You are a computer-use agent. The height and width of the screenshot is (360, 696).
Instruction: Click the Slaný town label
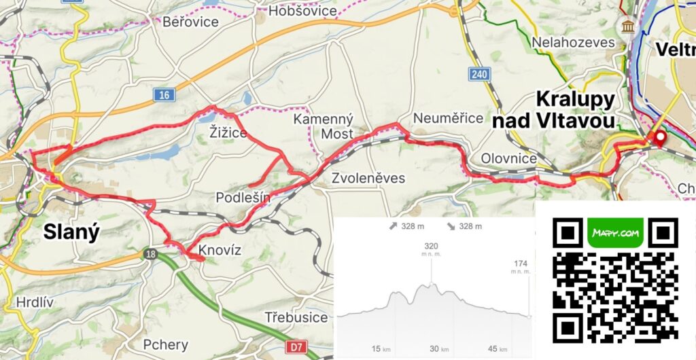[x=71, y=232]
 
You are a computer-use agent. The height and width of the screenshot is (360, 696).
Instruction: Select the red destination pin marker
[x=658, y=139]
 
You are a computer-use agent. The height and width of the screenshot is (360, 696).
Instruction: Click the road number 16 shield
[x=162, y=96]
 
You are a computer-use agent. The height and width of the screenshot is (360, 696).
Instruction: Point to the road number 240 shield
[x=480, y=74]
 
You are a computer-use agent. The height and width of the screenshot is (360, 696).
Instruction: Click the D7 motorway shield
[x=294, y=347]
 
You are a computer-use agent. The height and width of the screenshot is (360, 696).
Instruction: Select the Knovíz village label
[x=220, y=251]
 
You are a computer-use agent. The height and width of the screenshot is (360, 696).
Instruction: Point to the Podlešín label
[x=243, y=198]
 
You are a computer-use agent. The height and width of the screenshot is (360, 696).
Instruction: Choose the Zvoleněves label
[x=369, y=179]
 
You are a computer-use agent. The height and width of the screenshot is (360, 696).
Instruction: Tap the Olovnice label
[x=508, y=158]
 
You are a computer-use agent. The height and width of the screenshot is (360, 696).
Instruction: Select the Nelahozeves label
[x=574, y=42]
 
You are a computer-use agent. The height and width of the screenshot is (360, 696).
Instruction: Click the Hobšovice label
[x=302, y=11]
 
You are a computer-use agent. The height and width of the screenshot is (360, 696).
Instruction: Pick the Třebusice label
[x=296, y=317]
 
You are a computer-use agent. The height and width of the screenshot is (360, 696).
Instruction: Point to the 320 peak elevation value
[x=431, y=246]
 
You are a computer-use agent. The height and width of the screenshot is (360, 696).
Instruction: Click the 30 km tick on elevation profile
[x=434, y=348]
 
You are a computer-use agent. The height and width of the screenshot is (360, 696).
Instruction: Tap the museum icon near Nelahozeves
[x=624, y=26]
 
